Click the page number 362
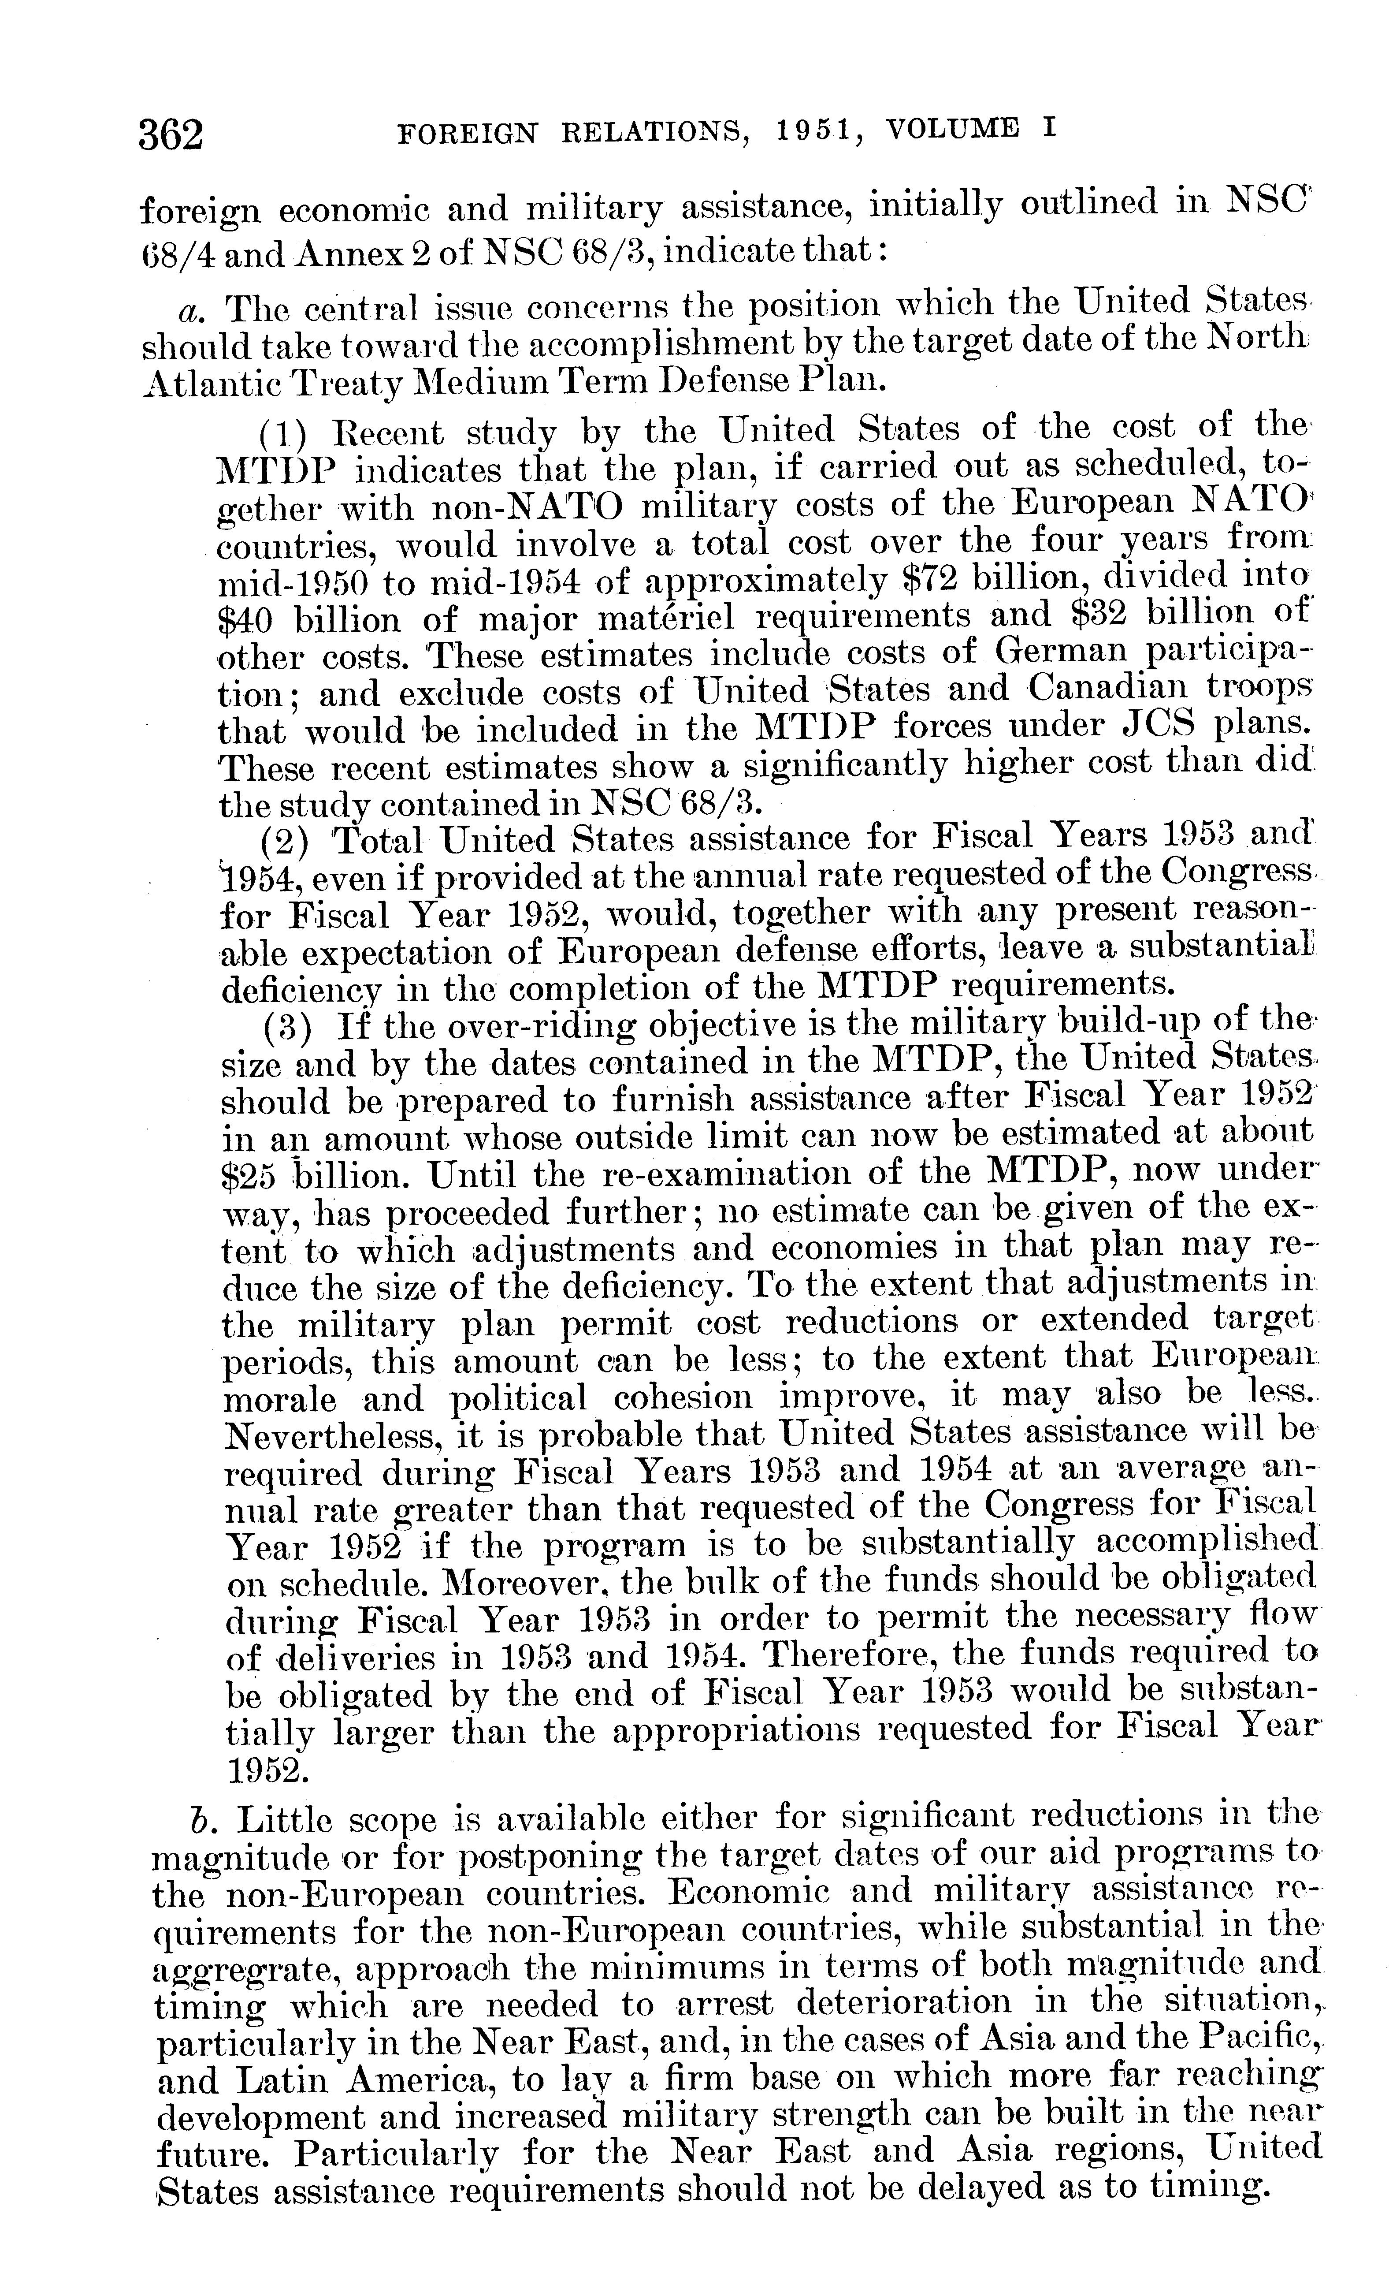[x=171, y=136]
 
